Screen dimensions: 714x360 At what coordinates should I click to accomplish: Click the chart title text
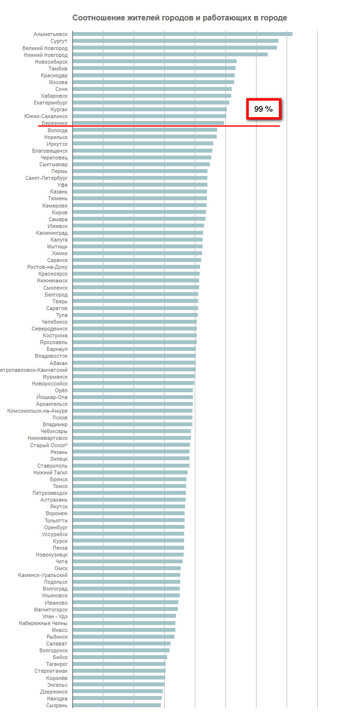(x=179, y=18)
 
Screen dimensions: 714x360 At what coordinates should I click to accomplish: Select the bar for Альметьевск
(x=182, y=34)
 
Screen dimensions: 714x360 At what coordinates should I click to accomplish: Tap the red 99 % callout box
(x=264, y=109)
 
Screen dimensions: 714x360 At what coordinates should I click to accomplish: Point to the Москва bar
(x=153, y=82)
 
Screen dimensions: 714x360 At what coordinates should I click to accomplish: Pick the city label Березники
(x=54, y=123)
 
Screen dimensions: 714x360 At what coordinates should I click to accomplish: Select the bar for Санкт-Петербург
(x=140, y=178)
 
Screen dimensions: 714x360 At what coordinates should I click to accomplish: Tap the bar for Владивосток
(x=134, y=356)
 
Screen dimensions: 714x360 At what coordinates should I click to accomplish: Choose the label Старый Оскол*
(x=49, y=445)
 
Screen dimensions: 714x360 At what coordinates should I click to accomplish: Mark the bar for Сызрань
(x=117, y=705)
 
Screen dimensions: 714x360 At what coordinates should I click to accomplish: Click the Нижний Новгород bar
(x=170, y=54)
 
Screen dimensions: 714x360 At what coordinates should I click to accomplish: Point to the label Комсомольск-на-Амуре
(x=37, y=411)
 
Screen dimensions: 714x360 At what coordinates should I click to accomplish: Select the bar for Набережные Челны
(x=124, y=623)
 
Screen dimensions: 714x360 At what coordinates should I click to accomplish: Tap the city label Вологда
(x=57, y=130)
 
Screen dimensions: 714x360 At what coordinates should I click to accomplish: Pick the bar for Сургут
(x=175, y=41)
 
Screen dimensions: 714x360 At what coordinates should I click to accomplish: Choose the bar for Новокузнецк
(x=128, y=555)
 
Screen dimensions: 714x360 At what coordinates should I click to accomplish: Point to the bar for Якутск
(x=129, y=506)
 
